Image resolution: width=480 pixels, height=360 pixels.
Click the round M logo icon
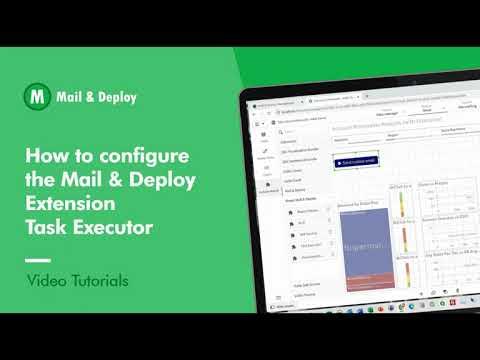click(37, 97)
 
